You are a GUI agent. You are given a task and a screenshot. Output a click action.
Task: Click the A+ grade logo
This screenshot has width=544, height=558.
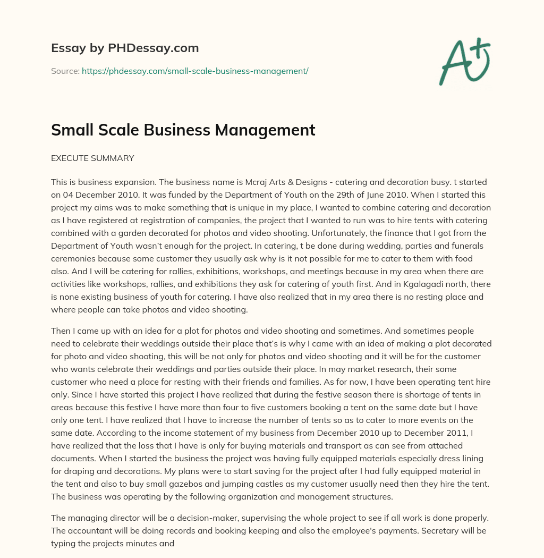click(x=464, y=62)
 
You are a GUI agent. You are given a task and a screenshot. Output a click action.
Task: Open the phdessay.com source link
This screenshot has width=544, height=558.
click(x=195, y=71)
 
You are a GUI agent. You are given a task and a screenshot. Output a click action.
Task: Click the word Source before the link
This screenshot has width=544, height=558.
click(x=65, y=71)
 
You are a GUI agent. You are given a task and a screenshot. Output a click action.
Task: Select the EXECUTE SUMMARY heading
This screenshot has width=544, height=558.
click(x=92, y=158)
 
